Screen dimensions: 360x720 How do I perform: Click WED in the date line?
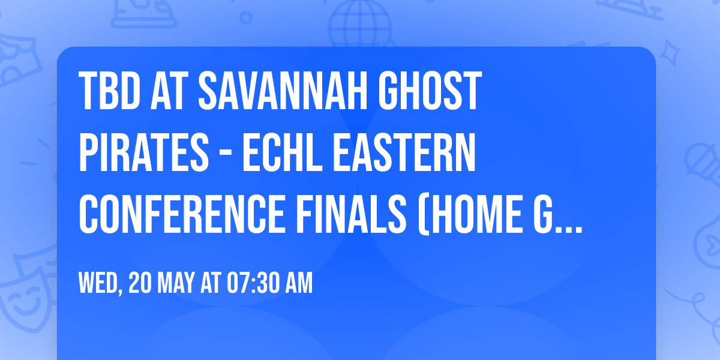pyautogui.click(x=98, y=283)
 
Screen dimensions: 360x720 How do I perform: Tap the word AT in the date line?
pyautogui.click(x=211, y=283)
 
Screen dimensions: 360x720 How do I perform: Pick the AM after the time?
pyautogui.click(x=298, y=283)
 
